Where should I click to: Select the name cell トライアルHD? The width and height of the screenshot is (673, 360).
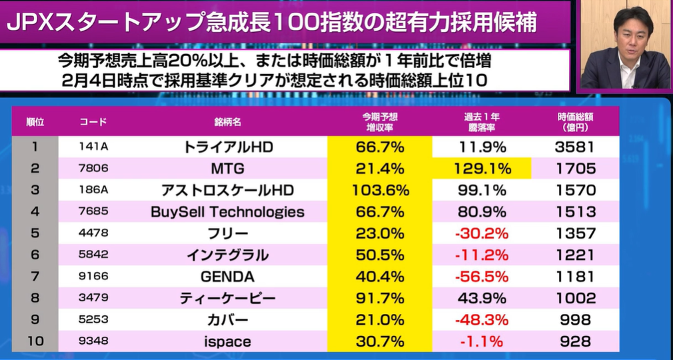pyautogui.click(x=228, y=147)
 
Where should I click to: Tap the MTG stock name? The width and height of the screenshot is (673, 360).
pyautogui.click(x=228, y=169)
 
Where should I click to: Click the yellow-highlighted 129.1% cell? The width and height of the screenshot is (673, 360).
pyautogui.click(x=482, y=169)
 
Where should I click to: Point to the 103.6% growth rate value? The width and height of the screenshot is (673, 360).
pyautogui.click(x=380, y=190)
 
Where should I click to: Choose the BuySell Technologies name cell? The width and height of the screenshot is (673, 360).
pyautogui.click(x=228, y=212)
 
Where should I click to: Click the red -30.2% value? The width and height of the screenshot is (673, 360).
pyautogui.click(x=482, y=233)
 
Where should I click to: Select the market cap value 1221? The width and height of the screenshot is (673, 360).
pyautogui.click(x=575, y=255)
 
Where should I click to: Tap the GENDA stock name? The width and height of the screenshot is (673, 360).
pyautogui.click(x=228, y=277)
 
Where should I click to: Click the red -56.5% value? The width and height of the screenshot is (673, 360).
pyautogui.click(x=482, y=277)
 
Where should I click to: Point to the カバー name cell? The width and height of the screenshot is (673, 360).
pyautogui.click(x=228, y=320)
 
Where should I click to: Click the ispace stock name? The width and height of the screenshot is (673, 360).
pyautogui.click(x=228, y=341)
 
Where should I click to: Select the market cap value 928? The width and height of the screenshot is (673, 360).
pyautogui.click(x=575, y=341)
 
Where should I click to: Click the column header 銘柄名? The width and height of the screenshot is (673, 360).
pyautogui.click(x=228, y=122)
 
